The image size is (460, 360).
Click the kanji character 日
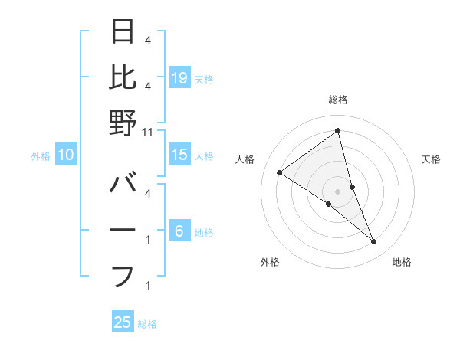coord(123,31)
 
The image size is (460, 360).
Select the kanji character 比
coord(123,77)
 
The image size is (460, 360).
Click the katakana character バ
coord(123,185)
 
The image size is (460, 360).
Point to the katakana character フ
coord(123,276)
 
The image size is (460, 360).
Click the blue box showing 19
coord(179,77)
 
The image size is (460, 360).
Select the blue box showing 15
coord(179,155)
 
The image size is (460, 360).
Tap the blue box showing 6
coord(179,232)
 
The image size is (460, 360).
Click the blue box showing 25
coord(123,322)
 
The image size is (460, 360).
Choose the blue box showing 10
coord(66,155)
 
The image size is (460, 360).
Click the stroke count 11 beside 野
coord(148,133)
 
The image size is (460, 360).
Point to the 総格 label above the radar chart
coord(337,100)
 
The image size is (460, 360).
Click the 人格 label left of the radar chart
coord(245,159)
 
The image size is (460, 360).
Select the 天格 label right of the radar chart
coord(432,159)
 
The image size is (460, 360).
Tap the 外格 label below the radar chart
coord(270,263)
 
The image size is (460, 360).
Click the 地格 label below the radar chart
coord(402,263)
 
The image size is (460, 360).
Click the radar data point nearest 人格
coord(280,172)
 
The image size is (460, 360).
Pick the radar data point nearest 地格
coord(374,242)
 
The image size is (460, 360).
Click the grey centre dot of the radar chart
coord(337,191)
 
